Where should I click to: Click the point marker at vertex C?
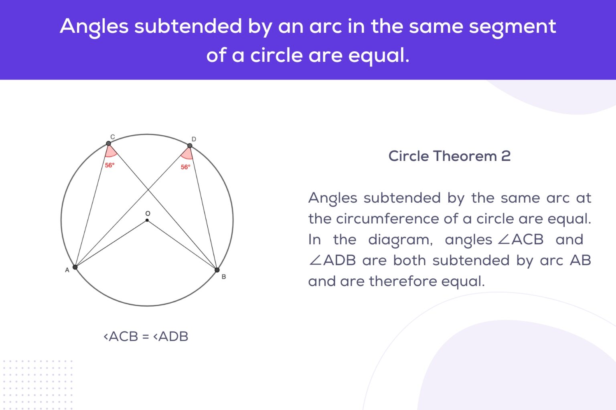(x=108, y=143)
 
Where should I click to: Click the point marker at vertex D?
(x=190, y=146)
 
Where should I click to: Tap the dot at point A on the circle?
(x=75, y=267)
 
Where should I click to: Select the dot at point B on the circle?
(x=217, y=270)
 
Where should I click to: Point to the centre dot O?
(x=147, y=220)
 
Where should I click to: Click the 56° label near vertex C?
(x=109, y=165)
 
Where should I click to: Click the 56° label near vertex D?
(x=185, y=167)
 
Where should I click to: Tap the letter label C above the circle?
(x=112, y=137)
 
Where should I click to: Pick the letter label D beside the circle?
(x=194, y=139)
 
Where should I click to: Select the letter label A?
(x=67, y=270)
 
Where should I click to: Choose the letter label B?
(x=224, y=277)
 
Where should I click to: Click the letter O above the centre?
(x=148, y=213)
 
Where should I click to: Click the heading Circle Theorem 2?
(x=449, y=156)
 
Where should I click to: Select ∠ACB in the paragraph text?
(x=521, y=239)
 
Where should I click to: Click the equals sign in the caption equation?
(x=146, y=336)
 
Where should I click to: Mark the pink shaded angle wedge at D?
(x=187, y=154)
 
